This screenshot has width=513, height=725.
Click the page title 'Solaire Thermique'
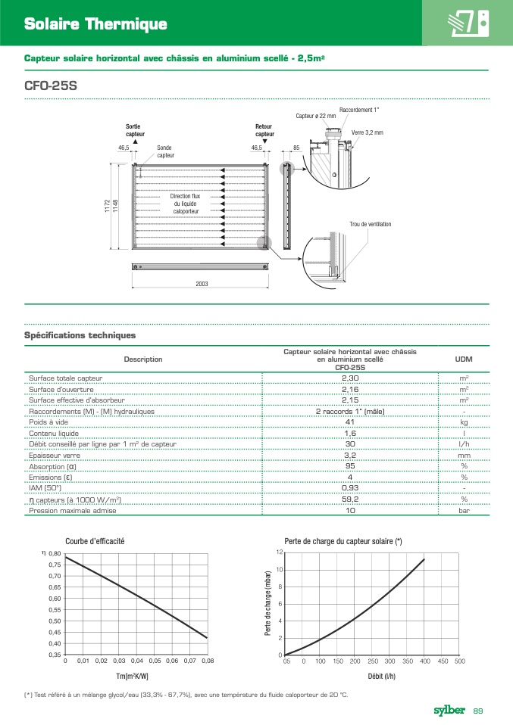coord(95,24)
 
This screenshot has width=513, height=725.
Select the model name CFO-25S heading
coord(51,86)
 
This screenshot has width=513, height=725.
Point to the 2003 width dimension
coord(201,284)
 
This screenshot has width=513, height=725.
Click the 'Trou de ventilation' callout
coord(370,224)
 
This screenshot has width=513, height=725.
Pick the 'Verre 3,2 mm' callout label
coord(367,132)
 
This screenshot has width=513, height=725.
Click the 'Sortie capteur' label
coord(133,130)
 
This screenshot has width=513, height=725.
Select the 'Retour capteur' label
coord(264,130)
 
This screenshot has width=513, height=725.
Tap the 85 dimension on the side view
coord(296,148)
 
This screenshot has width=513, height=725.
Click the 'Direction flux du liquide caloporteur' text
coord(185,204)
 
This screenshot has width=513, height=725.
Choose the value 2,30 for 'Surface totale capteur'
coord(349,378)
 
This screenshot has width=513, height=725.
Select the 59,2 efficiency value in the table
coord(349,499)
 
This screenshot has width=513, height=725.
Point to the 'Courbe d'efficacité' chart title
coord(95,541)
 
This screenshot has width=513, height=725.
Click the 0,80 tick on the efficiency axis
coord(54,554)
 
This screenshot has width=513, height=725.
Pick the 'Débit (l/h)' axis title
coord(380,676)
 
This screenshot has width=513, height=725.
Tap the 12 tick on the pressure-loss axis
coord(279,553)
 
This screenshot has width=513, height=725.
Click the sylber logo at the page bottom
coord(449,710)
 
